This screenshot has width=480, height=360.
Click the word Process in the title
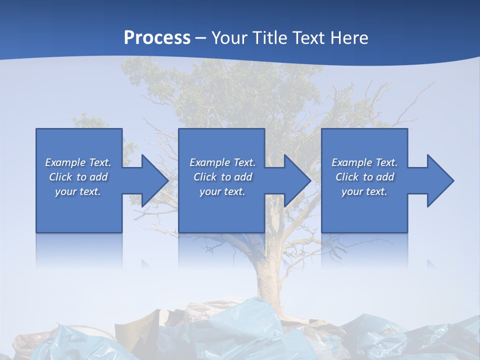157,37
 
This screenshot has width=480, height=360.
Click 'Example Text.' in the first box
78,162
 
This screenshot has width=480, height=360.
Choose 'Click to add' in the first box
78,177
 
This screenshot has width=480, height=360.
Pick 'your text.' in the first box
78,191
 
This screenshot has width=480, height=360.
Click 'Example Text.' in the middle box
222,162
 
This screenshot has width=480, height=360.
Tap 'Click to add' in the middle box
222,177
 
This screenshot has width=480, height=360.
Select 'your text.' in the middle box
222,191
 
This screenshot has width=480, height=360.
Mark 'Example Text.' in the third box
364,162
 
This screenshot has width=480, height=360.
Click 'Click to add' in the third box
364,177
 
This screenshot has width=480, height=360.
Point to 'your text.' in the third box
364,191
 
